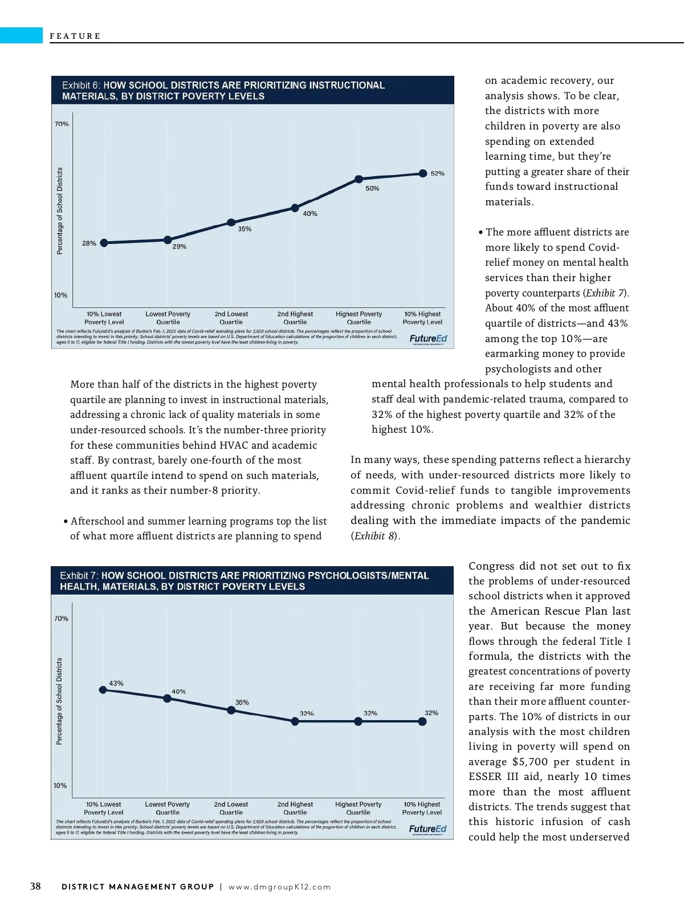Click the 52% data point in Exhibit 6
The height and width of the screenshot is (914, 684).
tap(422, 173)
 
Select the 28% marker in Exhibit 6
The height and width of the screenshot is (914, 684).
tap(104, 243)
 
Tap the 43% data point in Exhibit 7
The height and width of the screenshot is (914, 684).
tap(103, 689)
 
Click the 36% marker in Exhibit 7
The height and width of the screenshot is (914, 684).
tap(231, 710)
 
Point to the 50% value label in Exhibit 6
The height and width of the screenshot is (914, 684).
tap(372, 189)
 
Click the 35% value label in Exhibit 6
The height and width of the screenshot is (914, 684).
tap(245, 229)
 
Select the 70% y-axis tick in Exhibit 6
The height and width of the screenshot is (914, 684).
tap(62, 124)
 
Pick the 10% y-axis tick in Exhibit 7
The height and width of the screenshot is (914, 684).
tap(60, 785)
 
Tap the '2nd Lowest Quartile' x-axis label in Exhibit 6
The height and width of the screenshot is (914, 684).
tap(231, 318)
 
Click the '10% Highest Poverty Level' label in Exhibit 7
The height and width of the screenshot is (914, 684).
tap(422, 809)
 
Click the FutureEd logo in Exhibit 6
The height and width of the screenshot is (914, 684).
tap(428, 339)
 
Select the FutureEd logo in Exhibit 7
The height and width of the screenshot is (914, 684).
tap(427, 829)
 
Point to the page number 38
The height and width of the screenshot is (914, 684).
tap(35, 886)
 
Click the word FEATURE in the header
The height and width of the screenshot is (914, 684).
tap(75, 36)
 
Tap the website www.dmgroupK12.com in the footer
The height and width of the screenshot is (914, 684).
tap(279, 887)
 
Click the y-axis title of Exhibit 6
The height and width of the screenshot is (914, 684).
tap(60, 210)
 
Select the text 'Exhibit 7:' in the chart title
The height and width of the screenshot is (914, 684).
tap(79, 576)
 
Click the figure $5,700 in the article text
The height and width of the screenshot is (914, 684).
tap(530, 762)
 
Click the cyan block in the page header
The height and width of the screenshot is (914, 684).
tap(21, 35)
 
